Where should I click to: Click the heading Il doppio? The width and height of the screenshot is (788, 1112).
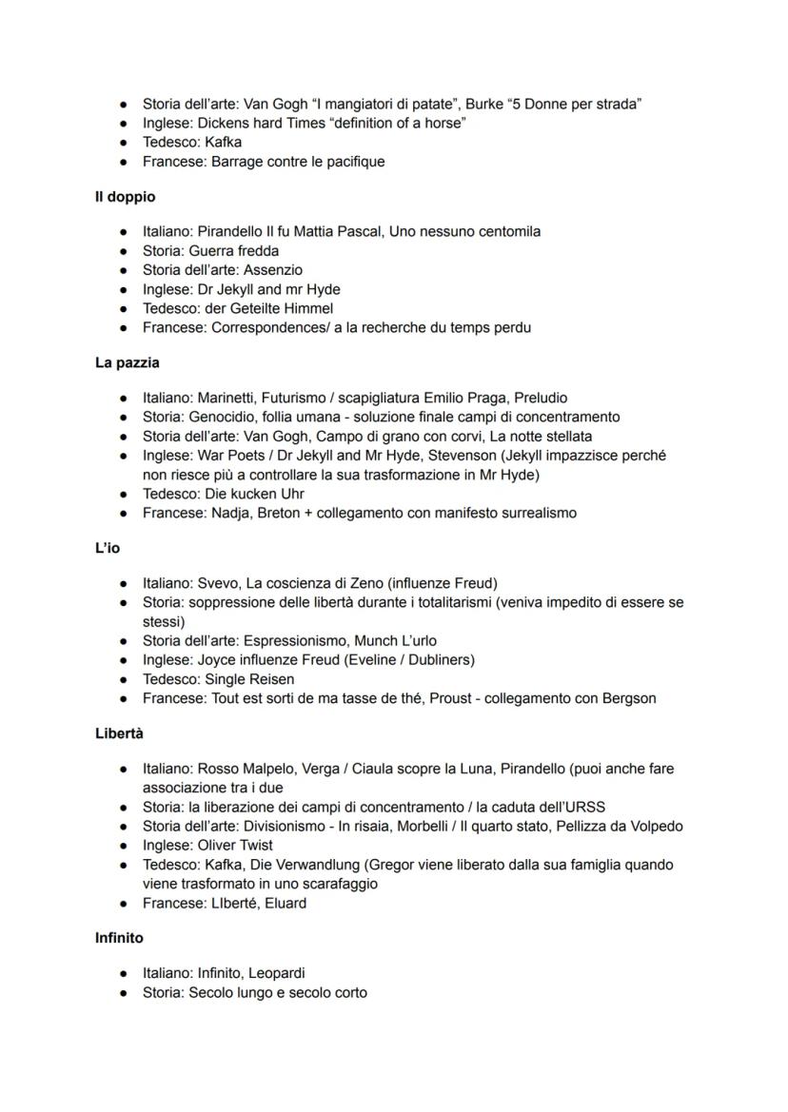pyautogui.click(x=125, y=197)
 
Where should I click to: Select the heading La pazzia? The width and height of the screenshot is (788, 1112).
pyautogui.click(x=127, y=362)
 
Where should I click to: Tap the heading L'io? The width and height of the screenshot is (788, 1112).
pyautogui.click(x=107, y=548)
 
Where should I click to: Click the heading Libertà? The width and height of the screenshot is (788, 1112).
pyautogui.click(x=119, y=733)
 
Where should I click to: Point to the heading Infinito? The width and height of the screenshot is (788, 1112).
pyautogui.click(x=119, y=938)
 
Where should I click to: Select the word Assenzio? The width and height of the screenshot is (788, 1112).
pyautogui.click(x=273, y=270)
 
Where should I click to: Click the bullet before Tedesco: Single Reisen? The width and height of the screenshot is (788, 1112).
pyautogui.click(x=124, y=679)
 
